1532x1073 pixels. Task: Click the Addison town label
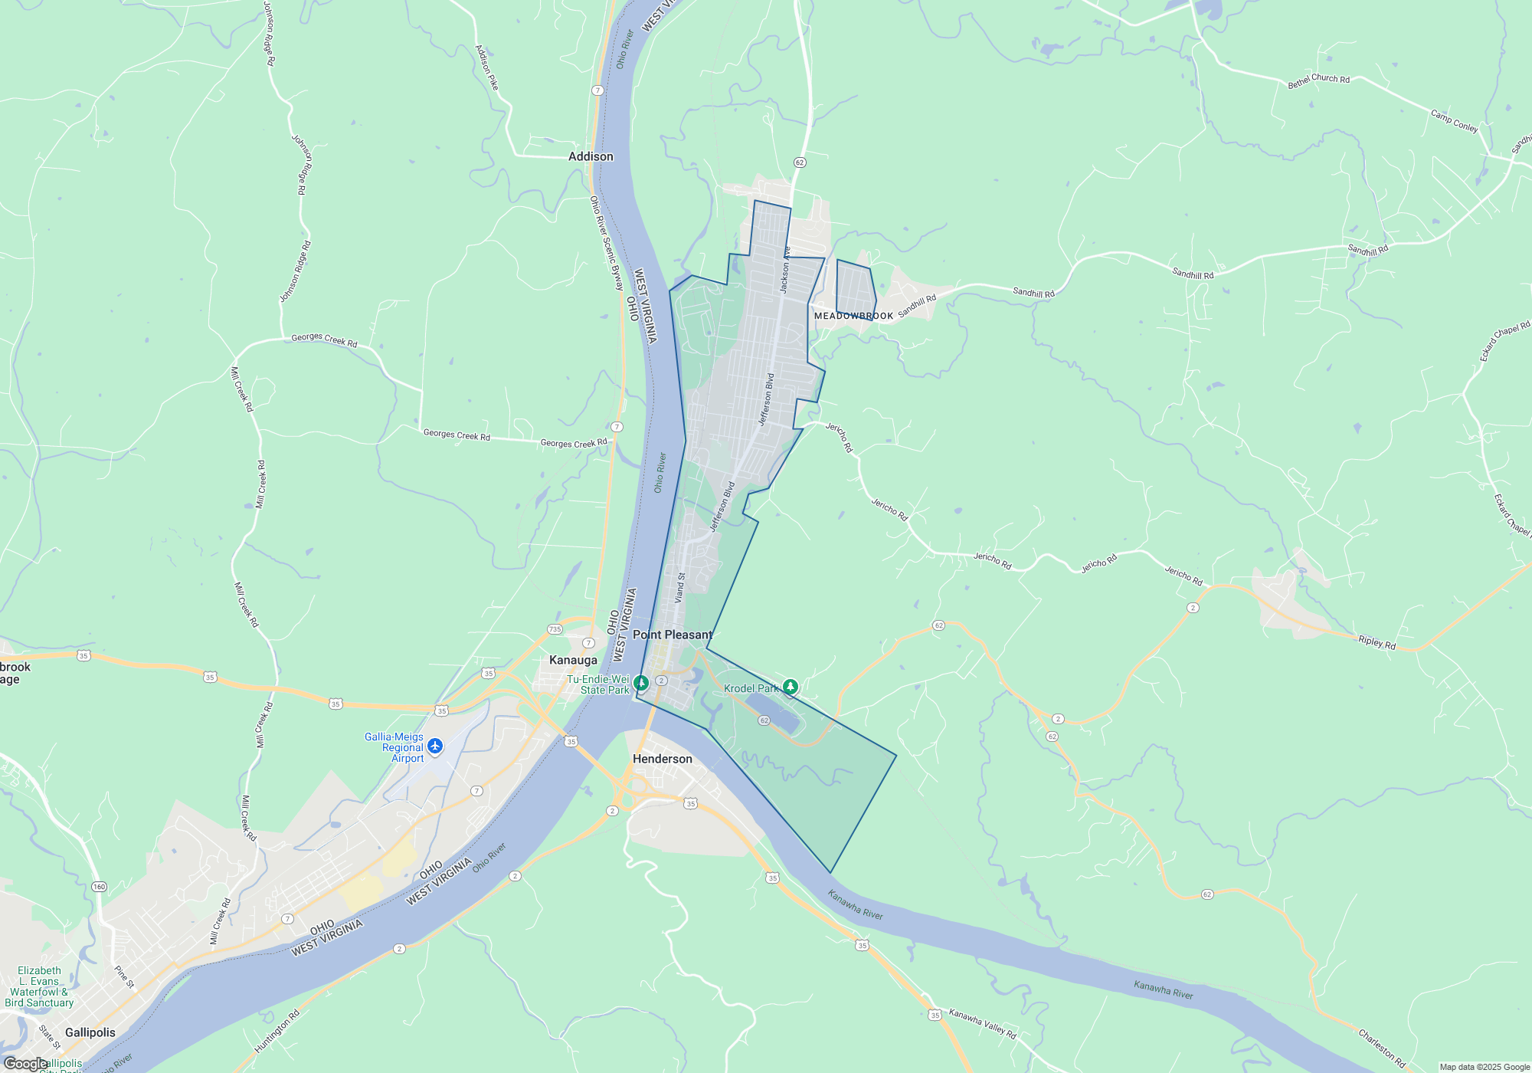[591, 156]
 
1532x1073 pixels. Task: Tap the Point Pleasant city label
[672, 635]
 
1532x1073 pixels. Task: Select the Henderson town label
[662, 759]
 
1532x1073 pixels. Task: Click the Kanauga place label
[573, 660]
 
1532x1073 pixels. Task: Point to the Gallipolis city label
[90, 1032]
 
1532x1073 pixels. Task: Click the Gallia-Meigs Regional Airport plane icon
[435, 746]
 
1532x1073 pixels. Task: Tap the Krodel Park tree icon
[791, 687]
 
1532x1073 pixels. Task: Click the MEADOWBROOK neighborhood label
[853, 316]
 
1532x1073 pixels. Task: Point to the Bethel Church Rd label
[1318, 80]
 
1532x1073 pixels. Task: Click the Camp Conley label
[1454, 121]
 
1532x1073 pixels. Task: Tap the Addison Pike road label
[486, 67]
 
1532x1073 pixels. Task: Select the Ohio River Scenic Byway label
[607, 243]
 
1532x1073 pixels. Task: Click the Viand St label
[679, 587]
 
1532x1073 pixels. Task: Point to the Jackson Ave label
[784, 269]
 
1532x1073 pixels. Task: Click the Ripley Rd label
[1377, 642]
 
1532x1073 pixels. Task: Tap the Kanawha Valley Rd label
[982, 1023]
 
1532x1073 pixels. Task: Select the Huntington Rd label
[277, 1031]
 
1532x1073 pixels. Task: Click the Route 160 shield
[99, 887]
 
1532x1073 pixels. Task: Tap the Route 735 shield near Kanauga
[555, 629]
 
